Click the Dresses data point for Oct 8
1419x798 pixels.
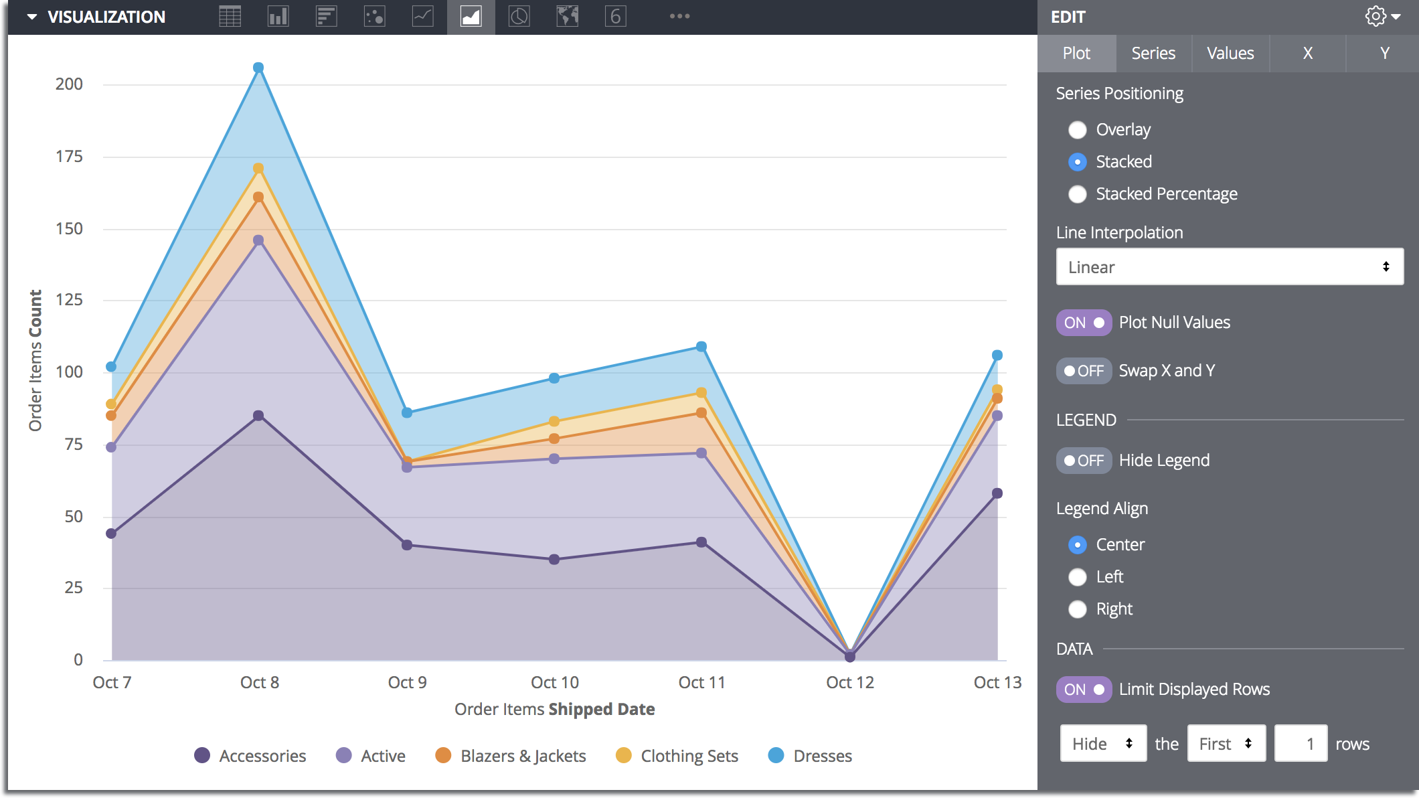pyautogui.click(x=258, y=68)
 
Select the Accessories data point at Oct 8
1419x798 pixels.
pyautogui.click(x=258, y=416)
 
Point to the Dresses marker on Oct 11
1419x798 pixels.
pyautogui.click(x=701, y=347)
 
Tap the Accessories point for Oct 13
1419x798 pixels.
pyautogui.click(x=997, y=493)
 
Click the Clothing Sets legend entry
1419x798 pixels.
pyautogui.click(x=677, y=756)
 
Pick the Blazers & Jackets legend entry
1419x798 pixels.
pyautogui.click(x=511, y=756)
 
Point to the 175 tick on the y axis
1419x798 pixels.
pyautogui.click(x=69, y=157)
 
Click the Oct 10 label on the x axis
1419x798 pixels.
pyautogui.click(x=555, y=682)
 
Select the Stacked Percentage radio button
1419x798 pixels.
pyautogui.click(x=1078, y=194)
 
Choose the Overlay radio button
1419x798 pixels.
pyautogui.click(x=1078, y=130)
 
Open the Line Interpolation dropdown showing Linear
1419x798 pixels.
pyautogui.click(x=1230, y=267)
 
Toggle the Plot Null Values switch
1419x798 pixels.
pyautogui.click(x=1084, y=323)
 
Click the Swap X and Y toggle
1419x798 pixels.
pyautogui.click(x=1084, y=371)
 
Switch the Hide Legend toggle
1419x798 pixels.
pyautogui.click(x=1084, y=461)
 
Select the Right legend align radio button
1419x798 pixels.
pyautogui.click(x=1078, y=609)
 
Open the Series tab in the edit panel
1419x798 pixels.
pyautogui.click(x=1153, y=54)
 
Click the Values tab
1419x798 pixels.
pyautogui.click(x=1230, y=54)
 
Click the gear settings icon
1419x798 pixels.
pyautogui.click(x=1376, y=17)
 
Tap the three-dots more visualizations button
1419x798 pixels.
pyautogui.click(x=679, y=16)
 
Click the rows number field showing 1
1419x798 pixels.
pyautogui.click(x=1301, y=744)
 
